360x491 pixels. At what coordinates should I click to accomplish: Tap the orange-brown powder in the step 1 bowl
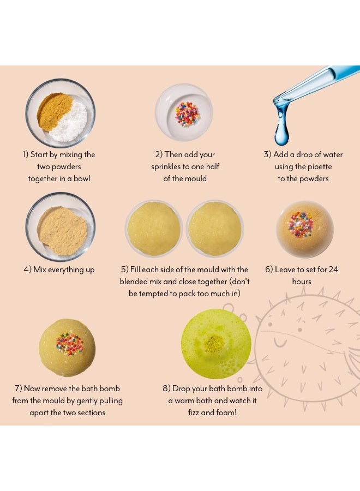(x=53, y=110)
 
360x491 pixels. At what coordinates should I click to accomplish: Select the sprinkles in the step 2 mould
(x=187, y=114)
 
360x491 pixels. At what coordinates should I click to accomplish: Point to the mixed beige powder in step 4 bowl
(x=62, y=231)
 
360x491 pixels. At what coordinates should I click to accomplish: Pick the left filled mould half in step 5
(x=154, y=229)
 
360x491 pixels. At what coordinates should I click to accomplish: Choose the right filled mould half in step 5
(x=215, y=229)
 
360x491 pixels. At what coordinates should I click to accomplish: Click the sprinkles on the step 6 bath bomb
(x=301, y=225)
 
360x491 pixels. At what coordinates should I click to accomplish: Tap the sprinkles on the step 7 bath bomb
(x=70, y=344)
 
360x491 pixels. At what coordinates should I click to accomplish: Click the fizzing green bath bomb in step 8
(x=217, y=344)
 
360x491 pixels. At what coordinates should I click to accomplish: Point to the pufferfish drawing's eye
(x=299, y=330)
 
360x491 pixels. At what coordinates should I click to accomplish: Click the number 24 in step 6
(x=333, y=270)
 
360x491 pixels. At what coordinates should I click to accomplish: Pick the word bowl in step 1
(x=82, y=178)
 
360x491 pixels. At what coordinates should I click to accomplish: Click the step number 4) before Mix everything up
(x=28, y=270)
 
